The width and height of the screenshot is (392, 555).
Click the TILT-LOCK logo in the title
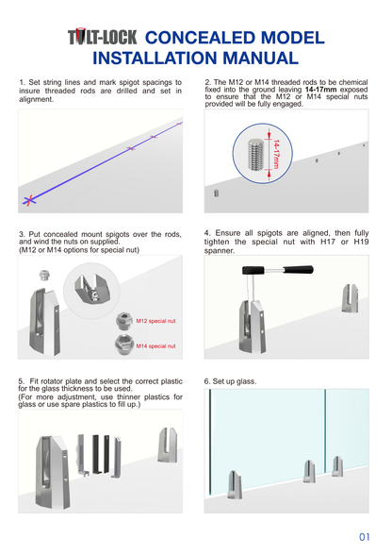pos(103,38)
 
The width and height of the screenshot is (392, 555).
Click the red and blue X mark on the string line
pos(31,199)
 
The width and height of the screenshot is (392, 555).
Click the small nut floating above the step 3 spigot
pos(42,277)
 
